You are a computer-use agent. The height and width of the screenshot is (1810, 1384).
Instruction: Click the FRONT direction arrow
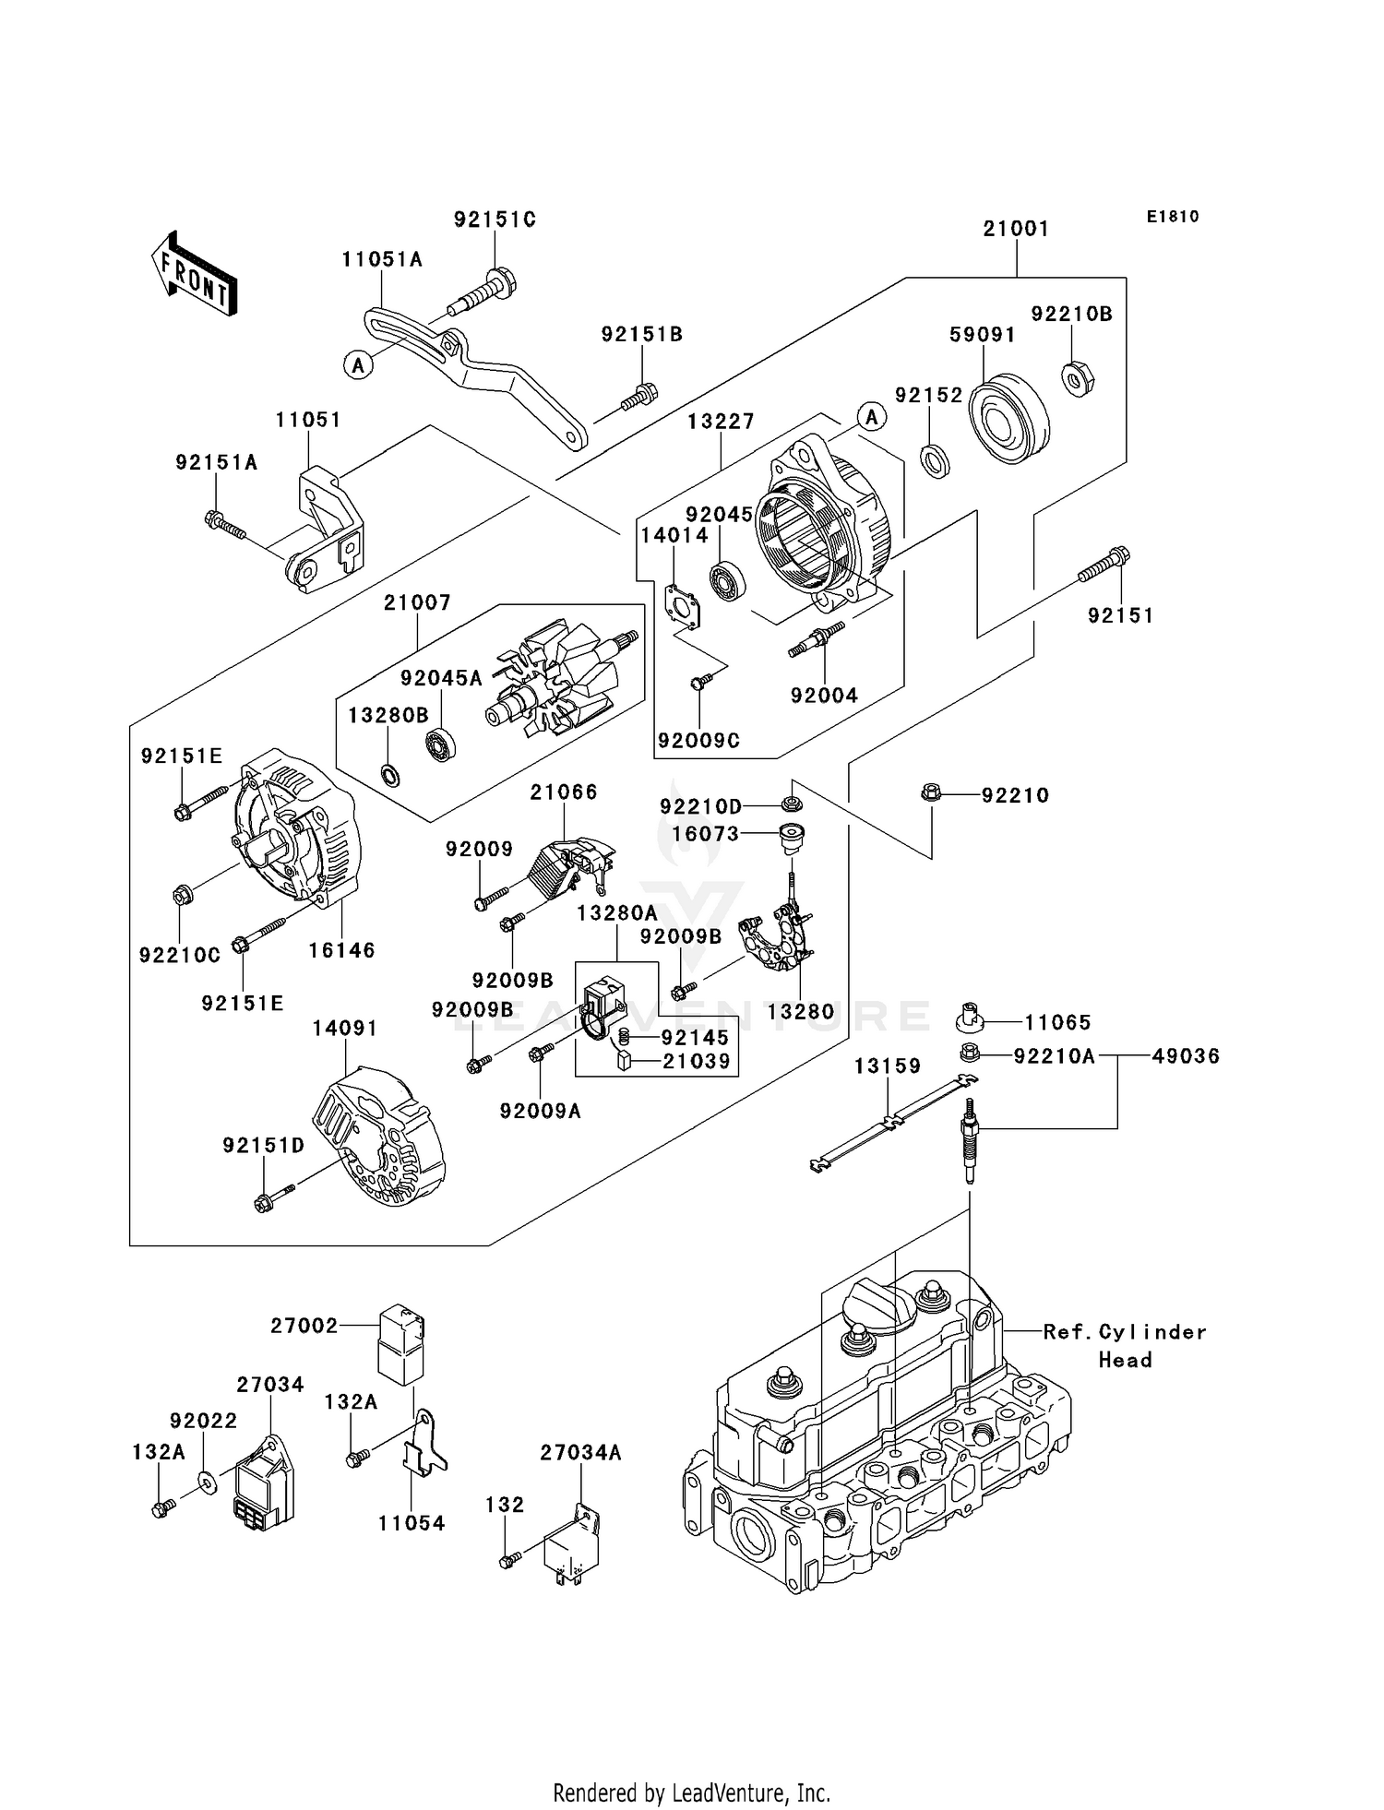point(195,273)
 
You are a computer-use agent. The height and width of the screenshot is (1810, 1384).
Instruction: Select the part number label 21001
point(1016,229)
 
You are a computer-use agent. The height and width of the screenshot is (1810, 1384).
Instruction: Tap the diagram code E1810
point(1173,217)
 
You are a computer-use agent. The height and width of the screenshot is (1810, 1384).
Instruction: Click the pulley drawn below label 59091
point(1008,417)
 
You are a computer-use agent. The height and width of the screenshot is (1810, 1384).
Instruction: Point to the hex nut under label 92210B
point(1078,379)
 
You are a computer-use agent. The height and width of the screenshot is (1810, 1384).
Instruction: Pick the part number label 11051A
point(382,259)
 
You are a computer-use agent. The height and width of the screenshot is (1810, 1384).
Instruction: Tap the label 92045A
point(441,678)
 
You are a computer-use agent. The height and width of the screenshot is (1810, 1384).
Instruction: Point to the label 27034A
point(580,1453)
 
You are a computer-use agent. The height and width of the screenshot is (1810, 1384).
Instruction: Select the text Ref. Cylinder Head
point(1125,1345)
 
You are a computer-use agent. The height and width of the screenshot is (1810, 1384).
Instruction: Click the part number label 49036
point(1186,1056)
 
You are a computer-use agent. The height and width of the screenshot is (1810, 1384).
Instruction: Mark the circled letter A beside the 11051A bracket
point(358,364)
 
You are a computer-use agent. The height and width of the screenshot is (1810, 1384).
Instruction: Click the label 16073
point(705,834)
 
